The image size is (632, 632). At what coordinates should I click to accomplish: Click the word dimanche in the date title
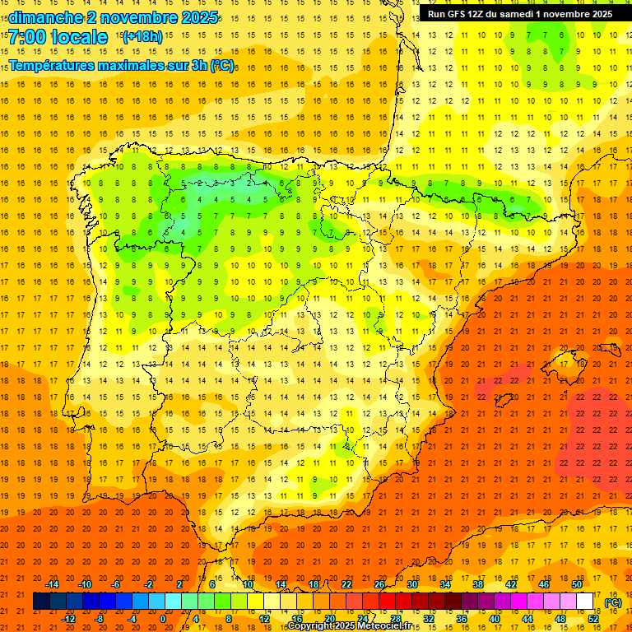[45, 17]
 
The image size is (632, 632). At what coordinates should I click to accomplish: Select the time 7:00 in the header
[26, 37]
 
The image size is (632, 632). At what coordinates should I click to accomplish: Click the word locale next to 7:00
[79, 37]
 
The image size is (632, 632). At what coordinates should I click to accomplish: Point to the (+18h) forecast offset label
[142, 36]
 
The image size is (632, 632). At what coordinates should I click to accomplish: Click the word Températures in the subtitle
[55, 65]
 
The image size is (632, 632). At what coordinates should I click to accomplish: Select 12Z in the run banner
[480, 14]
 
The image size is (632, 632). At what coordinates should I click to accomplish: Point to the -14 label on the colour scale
[52, 584]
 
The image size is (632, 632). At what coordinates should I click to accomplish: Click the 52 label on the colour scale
[593, 619]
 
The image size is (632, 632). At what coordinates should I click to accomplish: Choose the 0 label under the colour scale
[163, 619]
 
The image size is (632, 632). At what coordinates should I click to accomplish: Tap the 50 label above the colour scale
[576, 584]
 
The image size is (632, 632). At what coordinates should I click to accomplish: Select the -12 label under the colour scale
[68, 619]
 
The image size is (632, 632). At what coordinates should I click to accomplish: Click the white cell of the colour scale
[584, 602]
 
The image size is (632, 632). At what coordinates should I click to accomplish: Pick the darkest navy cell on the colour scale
[41, 602]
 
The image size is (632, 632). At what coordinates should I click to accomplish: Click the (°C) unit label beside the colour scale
[613, 602]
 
